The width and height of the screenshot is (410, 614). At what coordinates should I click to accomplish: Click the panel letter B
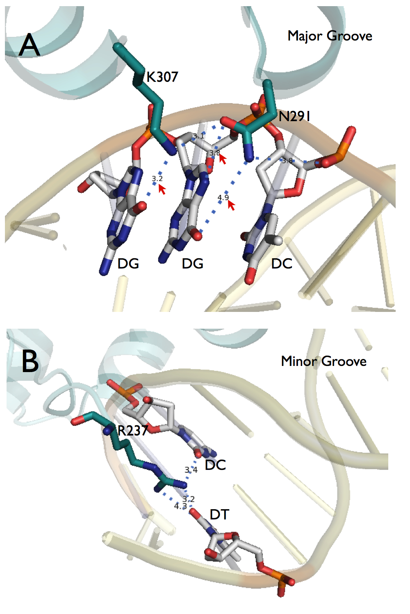(x=30, y=361)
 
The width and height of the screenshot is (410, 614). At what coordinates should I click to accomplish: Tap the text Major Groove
(x=330, y=36)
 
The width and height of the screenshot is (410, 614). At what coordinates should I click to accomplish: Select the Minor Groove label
(x=323, y=361)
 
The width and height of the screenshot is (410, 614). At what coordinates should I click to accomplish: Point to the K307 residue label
(x=162, y=77)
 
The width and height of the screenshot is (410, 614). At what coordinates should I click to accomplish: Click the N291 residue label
(x=294, y=117)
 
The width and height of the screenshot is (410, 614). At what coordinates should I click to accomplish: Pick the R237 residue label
(x=132, y=431)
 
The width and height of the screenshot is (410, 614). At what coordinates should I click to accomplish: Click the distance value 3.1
(x=198, y=136)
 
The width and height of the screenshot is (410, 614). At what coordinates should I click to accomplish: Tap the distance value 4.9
(x=223, y=198)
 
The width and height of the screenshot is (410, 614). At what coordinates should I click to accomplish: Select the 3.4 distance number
(x=191, y=470)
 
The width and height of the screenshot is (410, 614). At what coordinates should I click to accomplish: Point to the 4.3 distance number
(x=180, y=506)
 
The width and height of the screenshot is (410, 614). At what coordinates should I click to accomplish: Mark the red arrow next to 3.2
(x=162, y=189)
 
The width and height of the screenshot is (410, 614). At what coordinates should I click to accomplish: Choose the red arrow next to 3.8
(x=223, y=158)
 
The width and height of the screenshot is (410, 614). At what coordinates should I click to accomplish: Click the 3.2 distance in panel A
(x=157, y=179)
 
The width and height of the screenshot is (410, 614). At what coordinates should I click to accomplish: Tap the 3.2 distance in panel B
(x=189, y=499)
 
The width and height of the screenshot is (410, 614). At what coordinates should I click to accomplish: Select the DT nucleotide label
(x=219, y=515)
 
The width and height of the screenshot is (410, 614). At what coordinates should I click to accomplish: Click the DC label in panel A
(x=282, y=264)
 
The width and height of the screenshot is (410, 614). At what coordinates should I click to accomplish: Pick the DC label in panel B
(x=215, y=465)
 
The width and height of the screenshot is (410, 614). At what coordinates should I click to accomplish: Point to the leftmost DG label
(x=128, y=264)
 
